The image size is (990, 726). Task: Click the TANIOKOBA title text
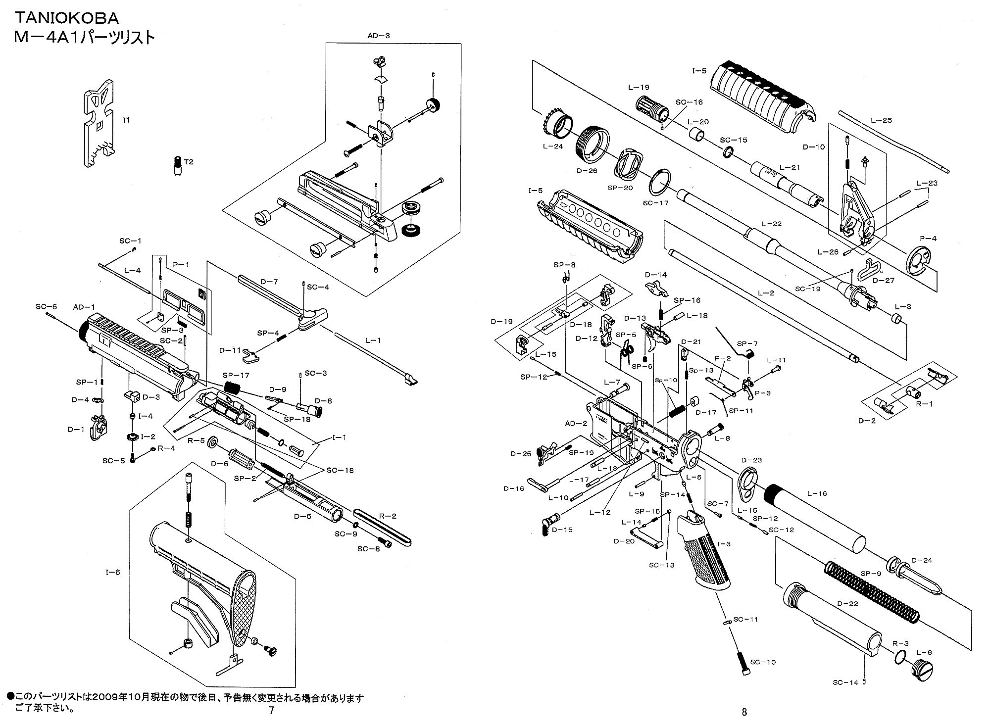[x=67, y=18]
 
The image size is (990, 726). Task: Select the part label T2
[x=189, y=162]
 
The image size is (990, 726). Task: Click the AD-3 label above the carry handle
[x=379, y=36]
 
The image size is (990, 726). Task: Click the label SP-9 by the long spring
[x=871, y=573]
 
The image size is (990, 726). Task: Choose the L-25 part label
[x=881, y=120]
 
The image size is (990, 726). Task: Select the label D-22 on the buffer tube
[x=847, y=604]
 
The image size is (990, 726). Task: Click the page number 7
[x=271, y=711]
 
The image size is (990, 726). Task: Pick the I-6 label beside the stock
[x=113, y=572]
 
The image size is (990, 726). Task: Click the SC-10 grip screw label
[x=763, y=662]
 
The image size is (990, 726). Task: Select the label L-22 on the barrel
[x=771, y=224]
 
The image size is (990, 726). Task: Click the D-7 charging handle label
[x=269, y=282]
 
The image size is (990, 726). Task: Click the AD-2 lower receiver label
[x=576, y=424]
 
